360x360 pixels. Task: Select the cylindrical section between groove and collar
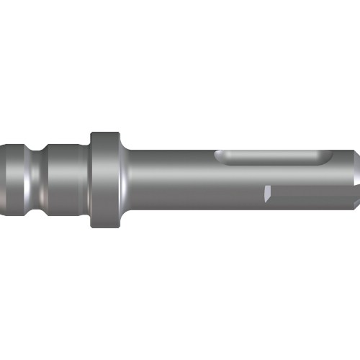tap(65, 177)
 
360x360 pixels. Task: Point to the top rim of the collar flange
tap(104, 135)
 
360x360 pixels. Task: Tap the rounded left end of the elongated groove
tap(222, 156)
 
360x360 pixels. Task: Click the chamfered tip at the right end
tap(351, 173)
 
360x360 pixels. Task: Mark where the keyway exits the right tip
tap(351, 192)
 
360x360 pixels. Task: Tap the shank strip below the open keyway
tap(302, 204)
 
